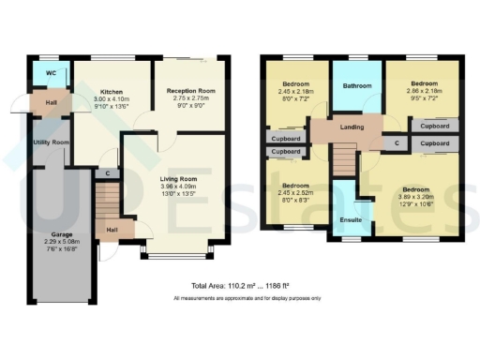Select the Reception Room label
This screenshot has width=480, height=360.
point(190,91)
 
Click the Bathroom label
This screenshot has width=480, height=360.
point(356,85)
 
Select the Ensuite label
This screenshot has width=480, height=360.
point(352,221)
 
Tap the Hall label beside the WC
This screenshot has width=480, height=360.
point(44,102)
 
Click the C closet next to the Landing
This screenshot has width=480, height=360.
point(397,142)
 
